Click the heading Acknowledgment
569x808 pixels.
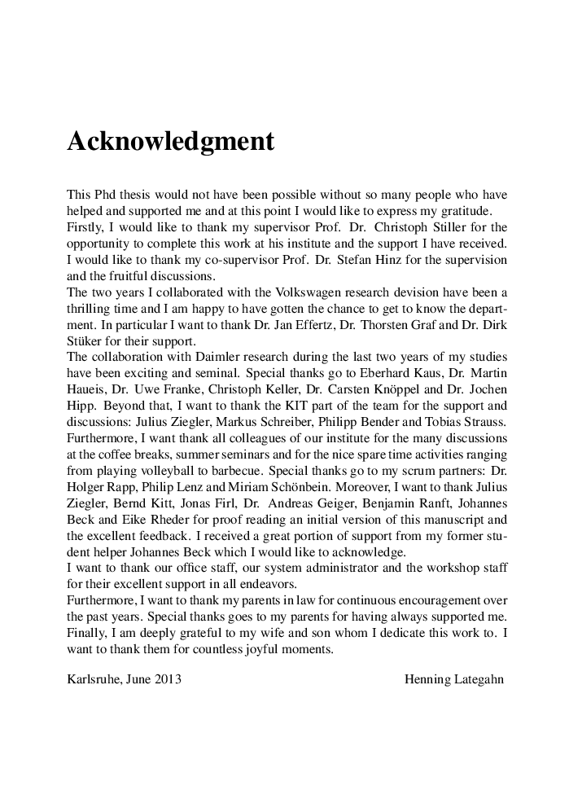pos(170,142)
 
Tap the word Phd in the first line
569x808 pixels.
pos(103,195)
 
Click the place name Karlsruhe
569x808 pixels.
pos(92,678)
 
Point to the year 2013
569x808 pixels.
pos(169,678)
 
